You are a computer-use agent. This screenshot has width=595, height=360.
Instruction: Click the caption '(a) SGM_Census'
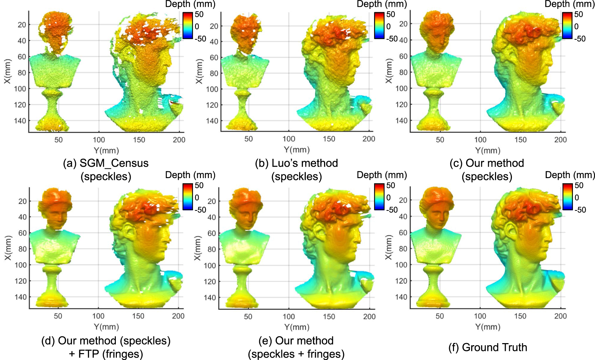tap(105, 163)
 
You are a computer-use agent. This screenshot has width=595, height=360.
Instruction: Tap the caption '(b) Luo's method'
tap(296, 163)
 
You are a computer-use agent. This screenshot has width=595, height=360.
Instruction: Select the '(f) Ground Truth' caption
tap(487, 347)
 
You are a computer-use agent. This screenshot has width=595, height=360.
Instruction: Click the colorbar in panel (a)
tap(188, 25)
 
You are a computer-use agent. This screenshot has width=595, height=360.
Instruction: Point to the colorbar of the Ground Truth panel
tap(567, 197)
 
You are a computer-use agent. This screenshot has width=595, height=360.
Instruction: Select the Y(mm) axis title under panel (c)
tap(487, 151)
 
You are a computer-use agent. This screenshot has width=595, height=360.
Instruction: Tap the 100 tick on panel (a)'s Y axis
tap(99, 140)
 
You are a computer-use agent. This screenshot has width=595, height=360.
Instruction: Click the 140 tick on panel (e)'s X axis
tap(210, 297)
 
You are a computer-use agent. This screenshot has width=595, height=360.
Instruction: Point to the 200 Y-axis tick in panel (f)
tap(560, 316)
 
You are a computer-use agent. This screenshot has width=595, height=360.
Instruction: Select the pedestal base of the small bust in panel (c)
tap(433, 124)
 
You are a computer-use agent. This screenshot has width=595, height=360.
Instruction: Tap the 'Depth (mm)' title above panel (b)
tap(382, 4)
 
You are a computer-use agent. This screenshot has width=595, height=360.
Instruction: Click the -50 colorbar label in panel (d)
tap(200, 209)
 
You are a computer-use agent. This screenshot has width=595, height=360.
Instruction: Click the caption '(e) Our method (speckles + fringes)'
tap(296, 347)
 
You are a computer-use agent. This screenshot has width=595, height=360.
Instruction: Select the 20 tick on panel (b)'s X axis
tap(214, 26)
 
